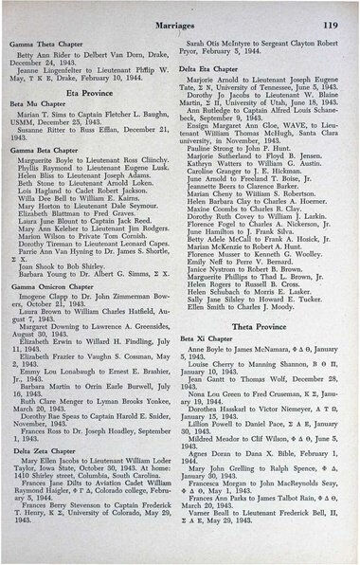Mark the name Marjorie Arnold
[x=223, y=82]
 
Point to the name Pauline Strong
[x=219, y=148]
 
